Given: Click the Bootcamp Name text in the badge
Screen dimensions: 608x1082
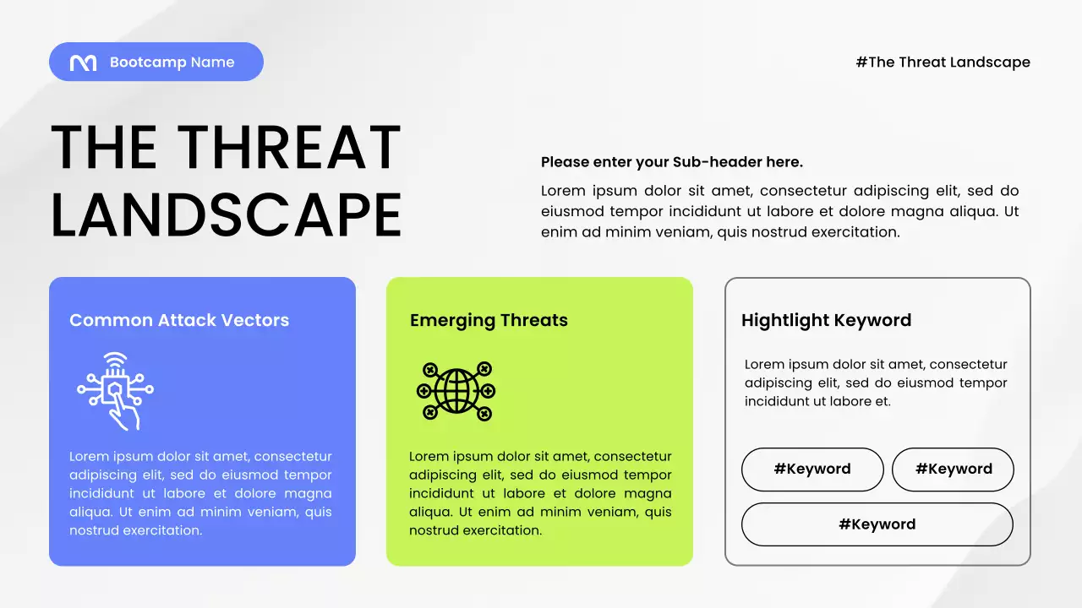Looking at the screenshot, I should click(172, 62).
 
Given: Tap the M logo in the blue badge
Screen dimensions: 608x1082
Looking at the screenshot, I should click(83, 62).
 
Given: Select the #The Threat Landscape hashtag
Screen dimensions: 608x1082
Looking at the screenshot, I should click(943, 62).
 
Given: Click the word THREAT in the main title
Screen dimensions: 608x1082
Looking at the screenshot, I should click(289, 149).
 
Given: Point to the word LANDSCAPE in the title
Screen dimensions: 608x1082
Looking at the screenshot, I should click(226, 214).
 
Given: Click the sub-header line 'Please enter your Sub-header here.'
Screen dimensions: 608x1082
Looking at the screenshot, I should click(671, 162).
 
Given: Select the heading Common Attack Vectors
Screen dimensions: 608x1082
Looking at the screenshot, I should click(179, 320).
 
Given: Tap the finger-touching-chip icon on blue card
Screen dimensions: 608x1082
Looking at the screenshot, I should click(116, 391).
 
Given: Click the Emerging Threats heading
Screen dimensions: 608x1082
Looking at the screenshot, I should click(489, 320).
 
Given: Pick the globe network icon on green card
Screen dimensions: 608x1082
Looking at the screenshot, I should click(456, 391).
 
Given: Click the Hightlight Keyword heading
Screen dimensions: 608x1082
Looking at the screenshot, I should click(826, 320).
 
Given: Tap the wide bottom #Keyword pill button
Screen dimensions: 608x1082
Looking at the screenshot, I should click(877, 524).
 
